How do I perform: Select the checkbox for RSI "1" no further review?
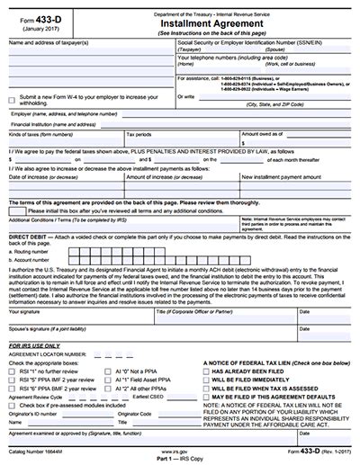12,371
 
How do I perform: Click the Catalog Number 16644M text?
36,451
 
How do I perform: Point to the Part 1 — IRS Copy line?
180,459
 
